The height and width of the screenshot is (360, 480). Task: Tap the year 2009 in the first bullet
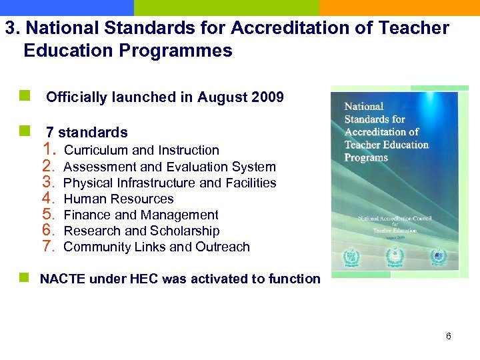pyautogui.click(x=268, y=97)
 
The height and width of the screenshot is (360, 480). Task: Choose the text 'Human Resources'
pyautogui.click(x=118, y=199)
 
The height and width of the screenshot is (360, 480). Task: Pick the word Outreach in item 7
pyautogui.click(x=223, y=247)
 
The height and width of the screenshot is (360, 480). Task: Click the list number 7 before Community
pyautogui.click(x=49, y=246)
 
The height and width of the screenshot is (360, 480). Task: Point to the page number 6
pyautogui.click(x=449, y=336)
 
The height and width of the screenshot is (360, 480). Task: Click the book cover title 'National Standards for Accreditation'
pyautogui.click(x=386, y=132)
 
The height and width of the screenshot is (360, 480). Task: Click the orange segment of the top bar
pyautogui.click(x=399, y=7)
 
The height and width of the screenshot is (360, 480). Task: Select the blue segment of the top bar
pyautogui.click(x=67, y=7)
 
